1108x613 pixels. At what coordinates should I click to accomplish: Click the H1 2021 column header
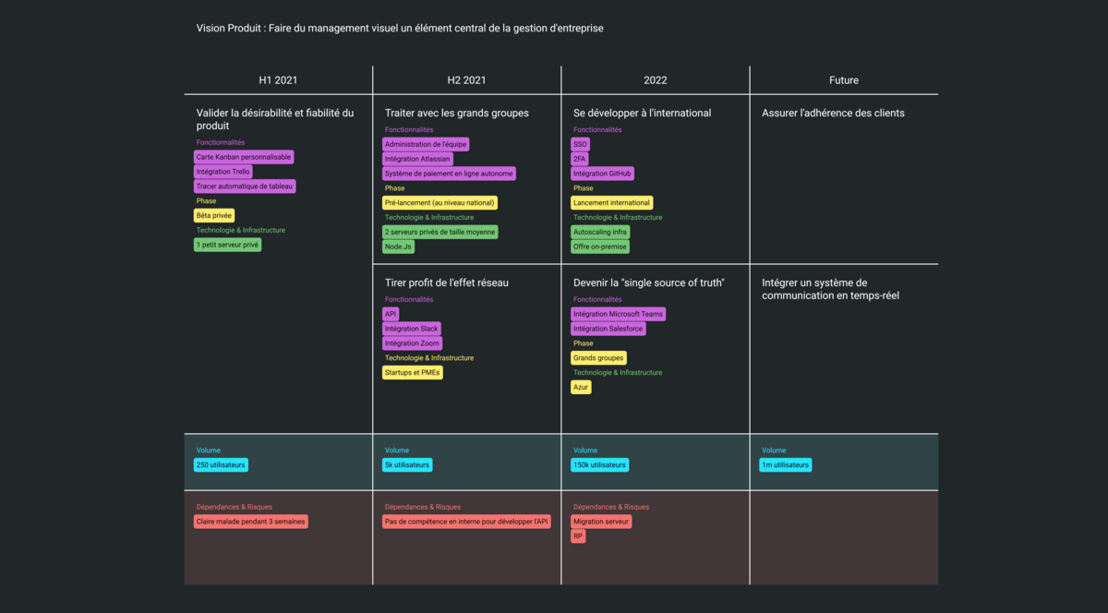(x=278, y=80)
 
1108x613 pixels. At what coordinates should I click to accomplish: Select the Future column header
(x=843, y=80)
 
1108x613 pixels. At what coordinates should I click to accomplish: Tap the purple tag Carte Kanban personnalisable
(x=244, y=157)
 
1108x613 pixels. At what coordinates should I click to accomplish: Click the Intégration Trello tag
(x=223, y=172)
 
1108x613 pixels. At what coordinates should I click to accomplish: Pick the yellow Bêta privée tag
(x=214, y=215)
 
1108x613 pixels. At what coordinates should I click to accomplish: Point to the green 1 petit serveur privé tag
(x=227, y=245)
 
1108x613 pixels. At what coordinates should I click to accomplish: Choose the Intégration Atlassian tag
(x=417, y=159)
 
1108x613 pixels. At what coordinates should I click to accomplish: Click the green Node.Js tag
(x=399, y=246)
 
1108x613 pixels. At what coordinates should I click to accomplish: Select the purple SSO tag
(x=580, y=144)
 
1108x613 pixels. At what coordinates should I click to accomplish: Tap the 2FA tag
(x=579, y=159)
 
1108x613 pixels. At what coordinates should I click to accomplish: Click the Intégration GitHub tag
(x=602, y=174)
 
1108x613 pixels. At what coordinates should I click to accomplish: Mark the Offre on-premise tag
(x=600, y=246)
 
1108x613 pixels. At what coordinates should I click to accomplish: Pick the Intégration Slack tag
(x=411, y=329)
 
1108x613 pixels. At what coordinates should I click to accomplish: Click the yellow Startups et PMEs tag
(x=413, y=372)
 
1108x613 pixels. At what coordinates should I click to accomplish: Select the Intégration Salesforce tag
(x=608, y=329)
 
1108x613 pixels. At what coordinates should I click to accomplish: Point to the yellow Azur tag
(x=581, y=387)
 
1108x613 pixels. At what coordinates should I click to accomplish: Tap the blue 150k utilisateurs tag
(x=599, y=465)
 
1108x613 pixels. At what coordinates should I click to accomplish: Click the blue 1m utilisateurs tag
(x=786, y=465)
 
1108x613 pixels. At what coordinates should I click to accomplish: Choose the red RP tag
(x=578, y=536)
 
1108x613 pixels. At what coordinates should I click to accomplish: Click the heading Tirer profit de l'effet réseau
(x=446, y=282)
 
